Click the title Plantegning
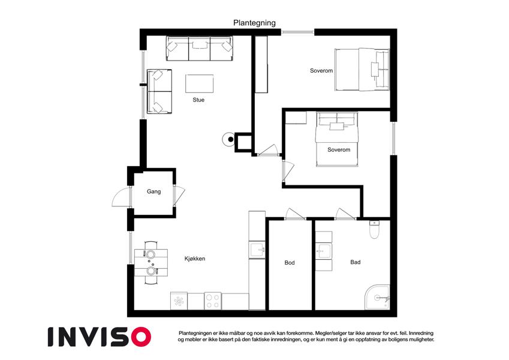click(x=254, y=23)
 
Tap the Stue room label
click(x=198, y=100)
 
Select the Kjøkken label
click(x=195, y=259)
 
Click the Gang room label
click(x=153, y=191)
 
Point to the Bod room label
click(x=290, y=263)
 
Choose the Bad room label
click(x=356, y=262)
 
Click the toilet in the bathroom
click(x=374, y=229)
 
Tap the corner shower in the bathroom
click(x=377, y=298)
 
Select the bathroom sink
click(x=324, y=251)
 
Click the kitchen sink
click(x=257, y=250)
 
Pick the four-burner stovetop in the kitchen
click(x=213, y=301)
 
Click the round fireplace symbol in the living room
click(x=228, y=139)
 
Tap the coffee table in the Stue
click(x=199, y=83)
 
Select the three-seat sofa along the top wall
click(x=200, y=49)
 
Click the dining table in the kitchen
click(x=151, y=262)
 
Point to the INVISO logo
click(x=100, y=337)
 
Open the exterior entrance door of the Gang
click(x=121, y=197)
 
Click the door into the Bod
click(x=295, y=214)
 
